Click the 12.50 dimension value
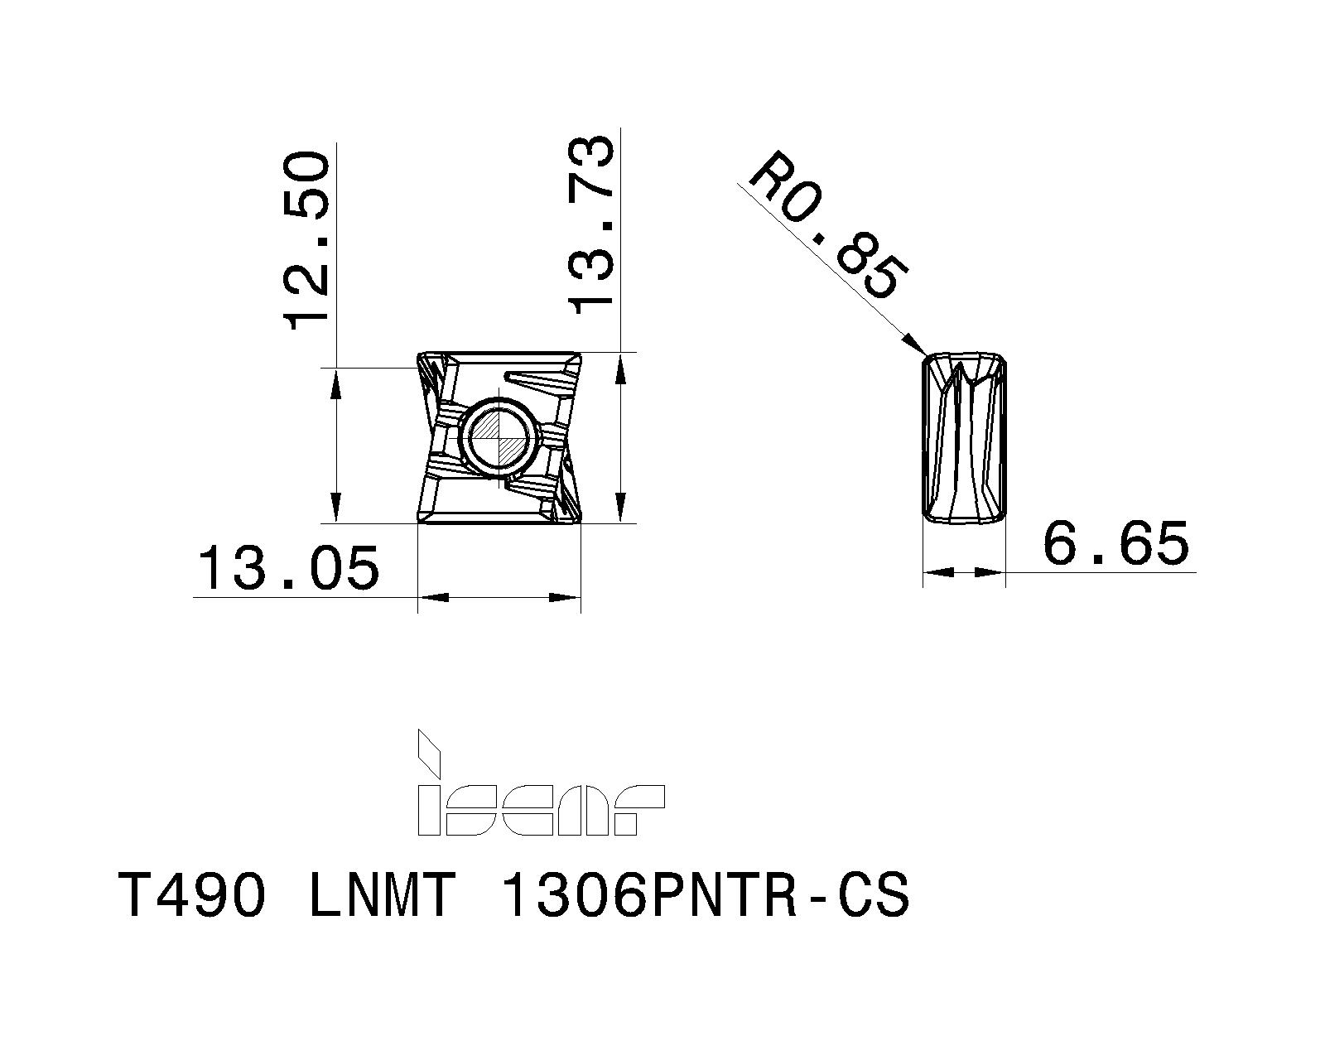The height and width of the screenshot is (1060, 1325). (308, 240)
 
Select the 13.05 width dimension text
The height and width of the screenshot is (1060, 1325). (288, 569)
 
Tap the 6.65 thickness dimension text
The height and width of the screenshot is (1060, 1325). (1115, 543)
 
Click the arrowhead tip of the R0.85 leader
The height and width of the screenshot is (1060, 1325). (923, 354)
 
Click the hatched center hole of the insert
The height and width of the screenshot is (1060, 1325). (498, 436)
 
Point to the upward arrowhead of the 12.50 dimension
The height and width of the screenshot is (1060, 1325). (335, 381)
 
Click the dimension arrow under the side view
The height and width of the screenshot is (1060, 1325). (964, 571)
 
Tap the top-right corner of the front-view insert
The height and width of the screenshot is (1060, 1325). (579, 354)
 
